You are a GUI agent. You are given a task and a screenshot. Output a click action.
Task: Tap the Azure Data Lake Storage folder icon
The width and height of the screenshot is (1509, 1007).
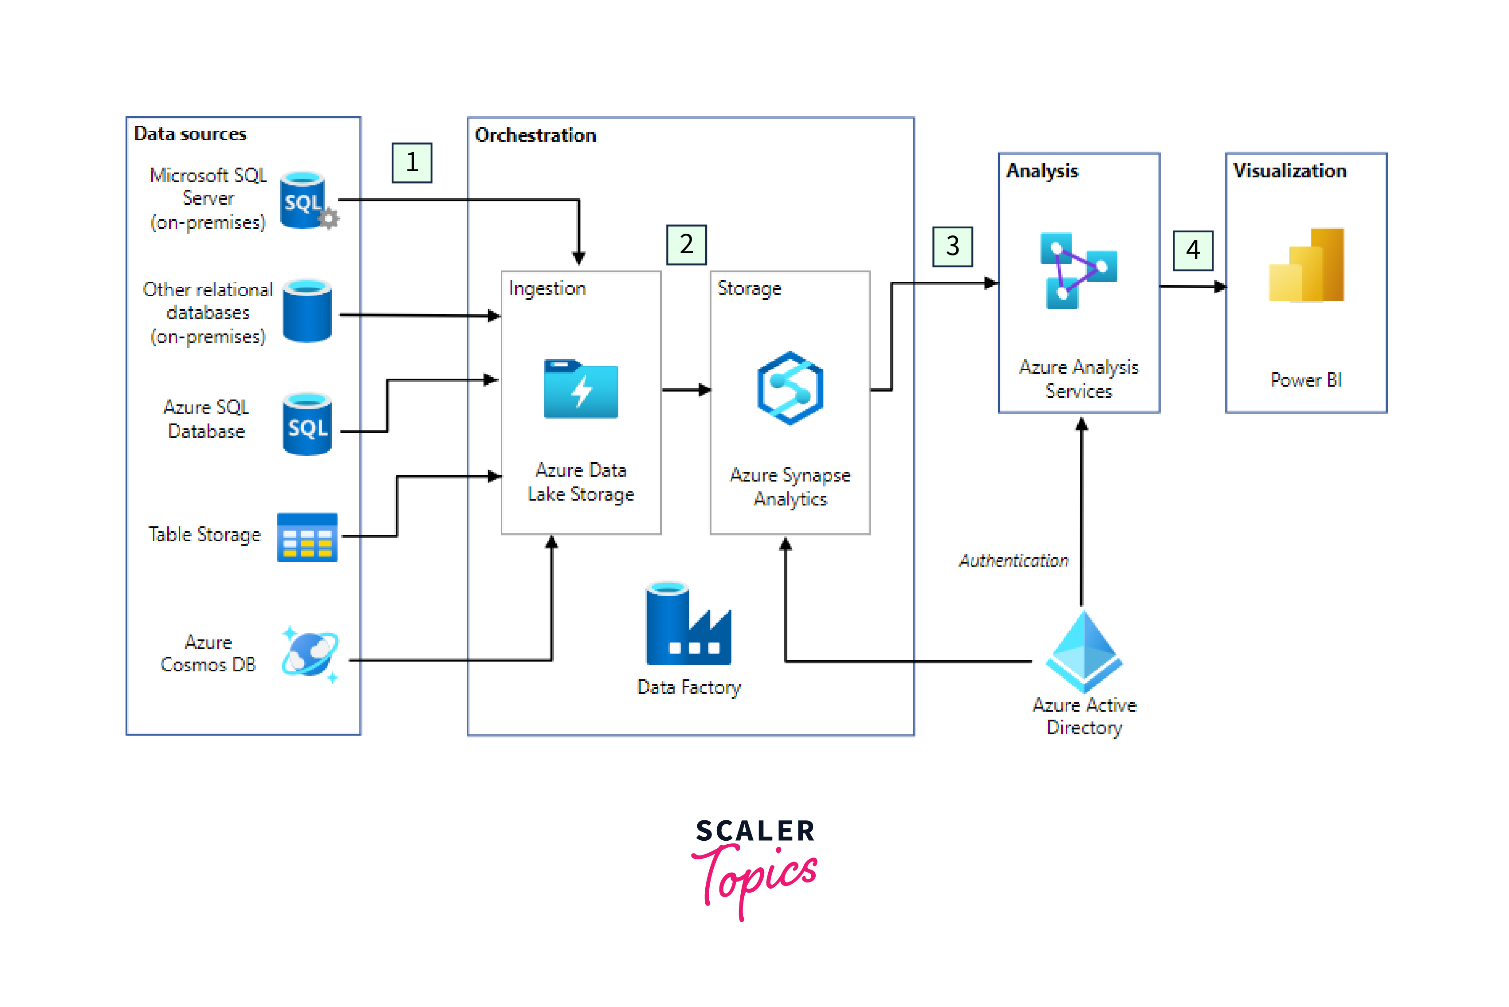tap(581, 389)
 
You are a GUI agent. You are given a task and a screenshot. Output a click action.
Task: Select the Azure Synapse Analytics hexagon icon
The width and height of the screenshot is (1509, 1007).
tap(790, 388)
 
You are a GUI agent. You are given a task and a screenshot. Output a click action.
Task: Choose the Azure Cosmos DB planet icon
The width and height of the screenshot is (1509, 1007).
tap(310, 654)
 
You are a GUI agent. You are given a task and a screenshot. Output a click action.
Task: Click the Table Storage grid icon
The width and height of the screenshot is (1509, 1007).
tap(307, 537)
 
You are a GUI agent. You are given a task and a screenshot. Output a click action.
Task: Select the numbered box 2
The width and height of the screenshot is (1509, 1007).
tap(686, 245)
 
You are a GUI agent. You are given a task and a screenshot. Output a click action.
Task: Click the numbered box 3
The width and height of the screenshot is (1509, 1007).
tap(952, 246)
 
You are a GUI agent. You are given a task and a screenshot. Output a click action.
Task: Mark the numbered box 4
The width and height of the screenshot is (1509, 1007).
tap(1192, 250)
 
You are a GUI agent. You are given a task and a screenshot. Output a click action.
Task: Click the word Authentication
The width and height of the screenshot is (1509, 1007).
tap(1013, 560)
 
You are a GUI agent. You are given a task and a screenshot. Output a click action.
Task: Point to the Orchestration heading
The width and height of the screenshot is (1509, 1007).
tap(535, 136)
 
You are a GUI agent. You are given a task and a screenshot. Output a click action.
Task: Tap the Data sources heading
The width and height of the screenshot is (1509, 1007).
tap(190, 133)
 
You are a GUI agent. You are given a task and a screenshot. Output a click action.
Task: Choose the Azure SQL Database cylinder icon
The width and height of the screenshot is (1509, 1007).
tap(307, 424)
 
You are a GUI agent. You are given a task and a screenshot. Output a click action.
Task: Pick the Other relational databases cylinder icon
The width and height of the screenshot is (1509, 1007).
tap(307, 311)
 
